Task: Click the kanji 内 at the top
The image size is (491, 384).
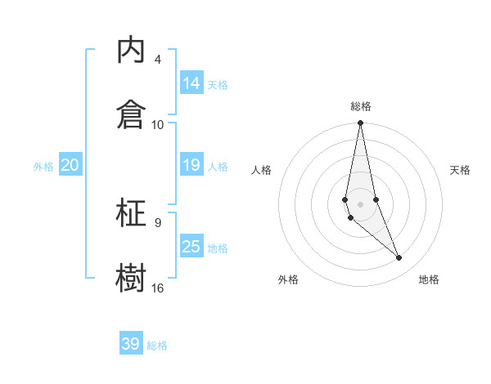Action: click(x=131, y=50)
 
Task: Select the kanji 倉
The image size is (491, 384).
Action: click(x=131, y=114)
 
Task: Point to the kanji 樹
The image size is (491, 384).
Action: click(x=131, y=277)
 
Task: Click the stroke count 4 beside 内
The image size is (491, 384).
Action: click(x=157, y=60)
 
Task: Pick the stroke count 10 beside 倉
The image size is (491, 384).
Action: click(x=158, y=124)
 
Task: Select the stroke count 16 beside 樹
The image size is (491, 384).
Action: click(x=158, y=288)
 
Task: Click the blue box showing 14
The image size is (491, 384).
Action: click(x=191, y=83)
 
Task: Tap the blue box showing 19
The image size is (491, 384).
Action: click(x=191, y=165)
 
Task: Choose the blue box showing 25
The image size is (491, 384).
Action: click(x=191, y=247)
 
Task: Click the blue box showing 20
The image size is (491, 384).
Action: click(x=70, y=165)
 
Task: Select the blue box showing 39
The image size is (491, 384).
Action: click(x=131, y=344)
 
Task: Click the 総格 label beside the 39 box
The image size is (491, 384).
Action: click(x=157, y=346)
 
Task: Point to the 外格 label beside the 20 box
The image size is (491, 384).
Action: click(x=43, y=167)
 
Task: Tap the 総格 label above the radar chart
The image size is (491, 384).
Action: click(x=361, y=106)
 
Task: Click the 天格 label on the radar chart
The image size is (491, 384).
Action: click(x=461, y=170)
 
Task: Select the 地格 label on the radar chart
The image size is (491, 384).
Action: click(x=429, y=279)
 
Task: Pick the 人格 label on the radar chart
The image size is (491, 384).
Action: click(x=262, y=170)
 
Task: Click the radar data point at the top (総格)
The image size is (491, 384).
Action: click(x=360, y=123)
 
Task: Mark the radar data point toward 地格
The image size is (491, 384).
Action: click(x=399, y=258)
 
